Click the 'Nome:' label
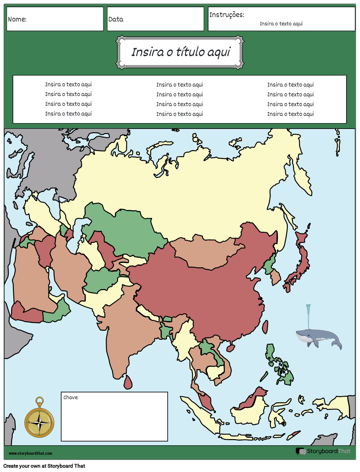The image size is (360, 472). tap(17, 19)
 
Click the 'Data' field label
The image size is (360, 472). tap(116, 19)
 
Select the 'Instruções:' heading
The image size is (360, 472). tap(227, 15)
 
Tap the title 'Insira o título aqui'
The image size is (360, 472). tap(180, 52)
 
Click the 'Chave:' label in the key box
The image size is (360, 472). tap(71, 397)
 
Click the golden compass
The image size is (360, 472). tap(39, 422)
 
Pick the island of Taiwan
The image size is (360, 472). tap(265, 327)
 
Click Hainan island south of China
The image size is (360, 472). tap(231, 348)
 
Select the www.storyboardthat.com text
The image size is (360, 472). tap(30, 453)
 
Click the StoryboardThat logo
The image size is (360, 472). tap(323, 451)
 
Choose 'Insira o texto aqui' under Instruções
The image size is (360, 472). tap(281, 24)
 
